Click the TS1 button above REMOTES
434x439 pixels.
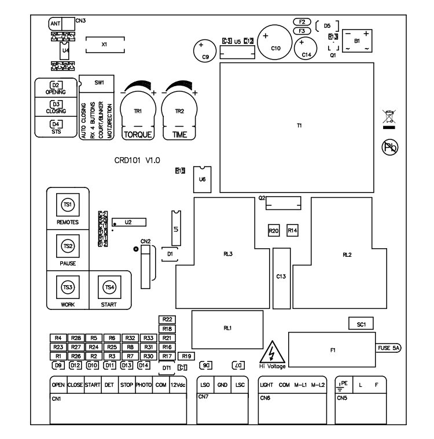point(68,205)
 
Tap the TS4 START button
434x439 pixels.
point(109,287)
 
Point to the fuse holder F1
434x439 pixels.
point(332,349)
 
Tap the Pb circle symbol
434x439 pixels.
point(391,147)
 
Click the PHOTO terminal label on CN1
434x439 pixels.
point(144,385)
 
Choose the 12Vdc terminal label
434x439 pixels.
point(178,385)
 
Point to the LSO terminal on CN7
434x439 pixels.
point(205,385)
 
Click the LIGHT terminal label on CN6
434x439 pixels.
point(266,385)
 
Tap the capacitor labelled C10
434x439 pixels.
point(275,40)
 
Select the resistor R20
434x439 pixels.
point(274,230)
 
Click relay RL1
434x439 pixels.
point(227,327)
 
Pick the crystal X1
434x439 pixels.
point(104,45)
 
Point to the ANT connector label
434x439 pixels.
point(56,24)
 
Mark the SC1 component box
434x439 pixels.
point(362,324)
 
